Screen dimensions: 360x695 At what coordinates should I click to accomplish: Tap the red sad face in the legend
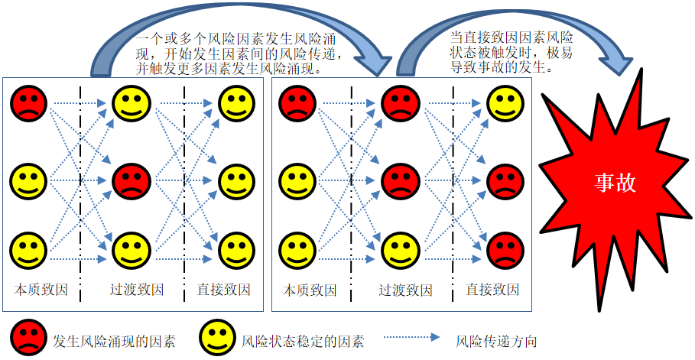click(x=29, y=337)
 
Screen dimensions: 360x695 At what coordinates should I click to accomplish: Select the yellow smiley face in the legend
click(x=217, y=337)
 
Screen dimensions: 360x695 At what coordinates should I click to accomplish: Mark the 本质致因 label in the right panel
click(x=310, y=290)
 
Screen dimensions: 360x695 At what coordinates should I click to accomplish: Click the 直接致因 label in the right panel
click(x=492, y=290)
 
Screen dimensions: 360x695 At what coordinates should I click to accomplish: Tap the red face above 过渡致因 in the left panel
click(x=132, y=181)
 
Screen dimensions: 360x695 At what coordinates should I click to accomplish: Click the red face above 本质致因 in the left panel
click(x=29, y=104)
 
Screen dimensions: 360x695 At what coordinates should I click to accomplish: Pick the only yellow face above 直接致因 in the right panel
click(x=505, y=105)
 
